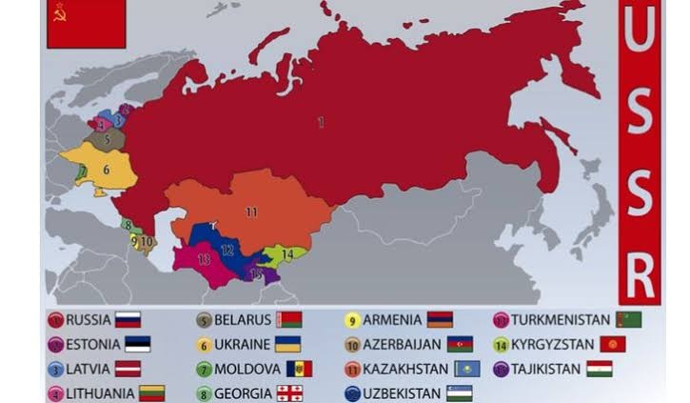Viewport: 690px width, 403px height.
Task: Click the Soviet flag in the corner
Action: coord(86,23)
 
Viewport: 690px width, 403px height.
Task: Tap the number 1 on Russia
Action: coord(321,121)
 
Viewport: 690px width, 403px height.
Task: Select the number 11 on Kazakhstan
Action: coord(250,212)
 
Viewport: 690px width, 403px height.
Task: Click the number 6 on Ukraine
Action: coord(107,170)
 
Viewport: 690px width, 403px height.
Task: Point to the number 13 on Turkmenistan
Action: coord(203,258)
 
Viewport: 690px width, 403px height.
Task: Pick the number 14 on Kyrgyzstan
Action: coord(286,254)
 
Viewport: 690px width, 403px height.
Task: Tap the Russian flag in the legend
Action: coord(128,320)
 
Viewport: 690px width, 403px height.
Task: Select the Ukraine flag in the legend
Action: coord(287,344)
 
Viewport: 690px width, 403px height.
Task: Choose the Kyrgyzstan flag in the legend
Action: coord(612,344)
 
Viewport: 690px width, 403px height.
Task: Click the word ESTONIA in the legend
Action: coord(92,345)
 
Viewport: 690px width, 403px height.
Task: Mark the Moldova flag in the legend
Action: coord(299,369)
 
